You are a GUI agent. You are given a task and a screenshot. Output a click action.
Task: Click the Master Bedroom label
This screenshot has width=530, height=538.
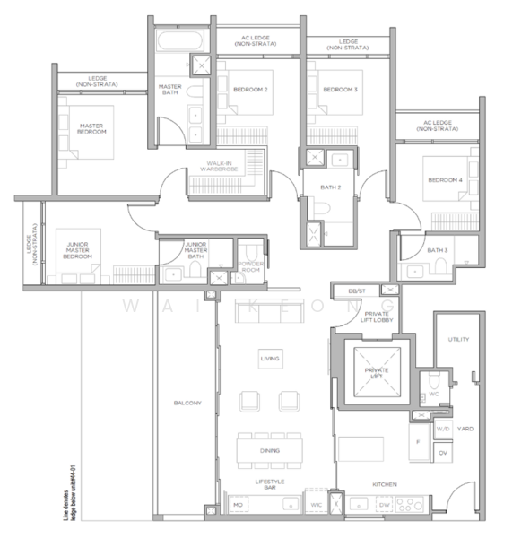(x=91, y=128)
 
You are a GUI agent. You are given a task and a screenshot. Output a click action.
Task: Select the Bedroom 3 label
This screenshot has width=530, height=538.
(x=340, y=90)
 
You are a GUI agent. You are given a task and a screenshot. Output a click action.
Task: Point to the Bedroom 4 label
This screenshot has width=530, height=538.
(x=445, y=180)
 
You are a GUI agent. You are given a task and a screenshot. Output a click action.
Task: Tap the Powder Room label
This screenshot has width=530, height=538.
(x=251, y=266)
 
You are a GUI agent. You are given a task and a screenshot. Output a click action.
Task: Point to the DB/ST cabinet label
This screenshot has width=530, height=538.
(x=356, y=291)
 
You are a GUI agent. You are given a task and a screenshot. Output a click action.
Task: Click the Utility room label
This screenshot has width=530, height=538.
(x=457, y=339)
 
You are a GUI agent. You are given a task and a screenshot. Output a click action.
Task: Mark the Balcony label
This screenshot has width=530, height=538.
(x=187, y=403)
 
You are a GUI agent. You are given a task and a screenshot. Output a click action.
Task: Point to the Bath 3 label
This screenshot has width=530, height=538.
(x=437, y=249)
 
